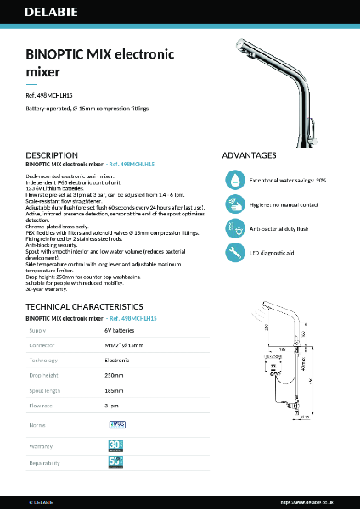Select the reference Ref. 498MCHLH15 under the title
(x=55, y=96)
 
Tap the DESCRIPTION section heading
(x=52, y=155)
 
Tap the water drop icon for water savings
(x=234, y=180)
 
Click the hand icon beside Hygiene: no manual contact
(x=234, y=204)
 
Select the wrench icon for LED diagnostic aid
(x=234, y=252)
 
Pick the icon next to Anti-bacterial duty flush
(x=234, y=228)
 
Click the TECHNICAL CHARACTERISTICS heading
(x=83, y=305)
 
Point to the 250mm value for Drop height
(x=114, y=374)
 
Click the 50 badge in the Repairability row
(x=115, y=462)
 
